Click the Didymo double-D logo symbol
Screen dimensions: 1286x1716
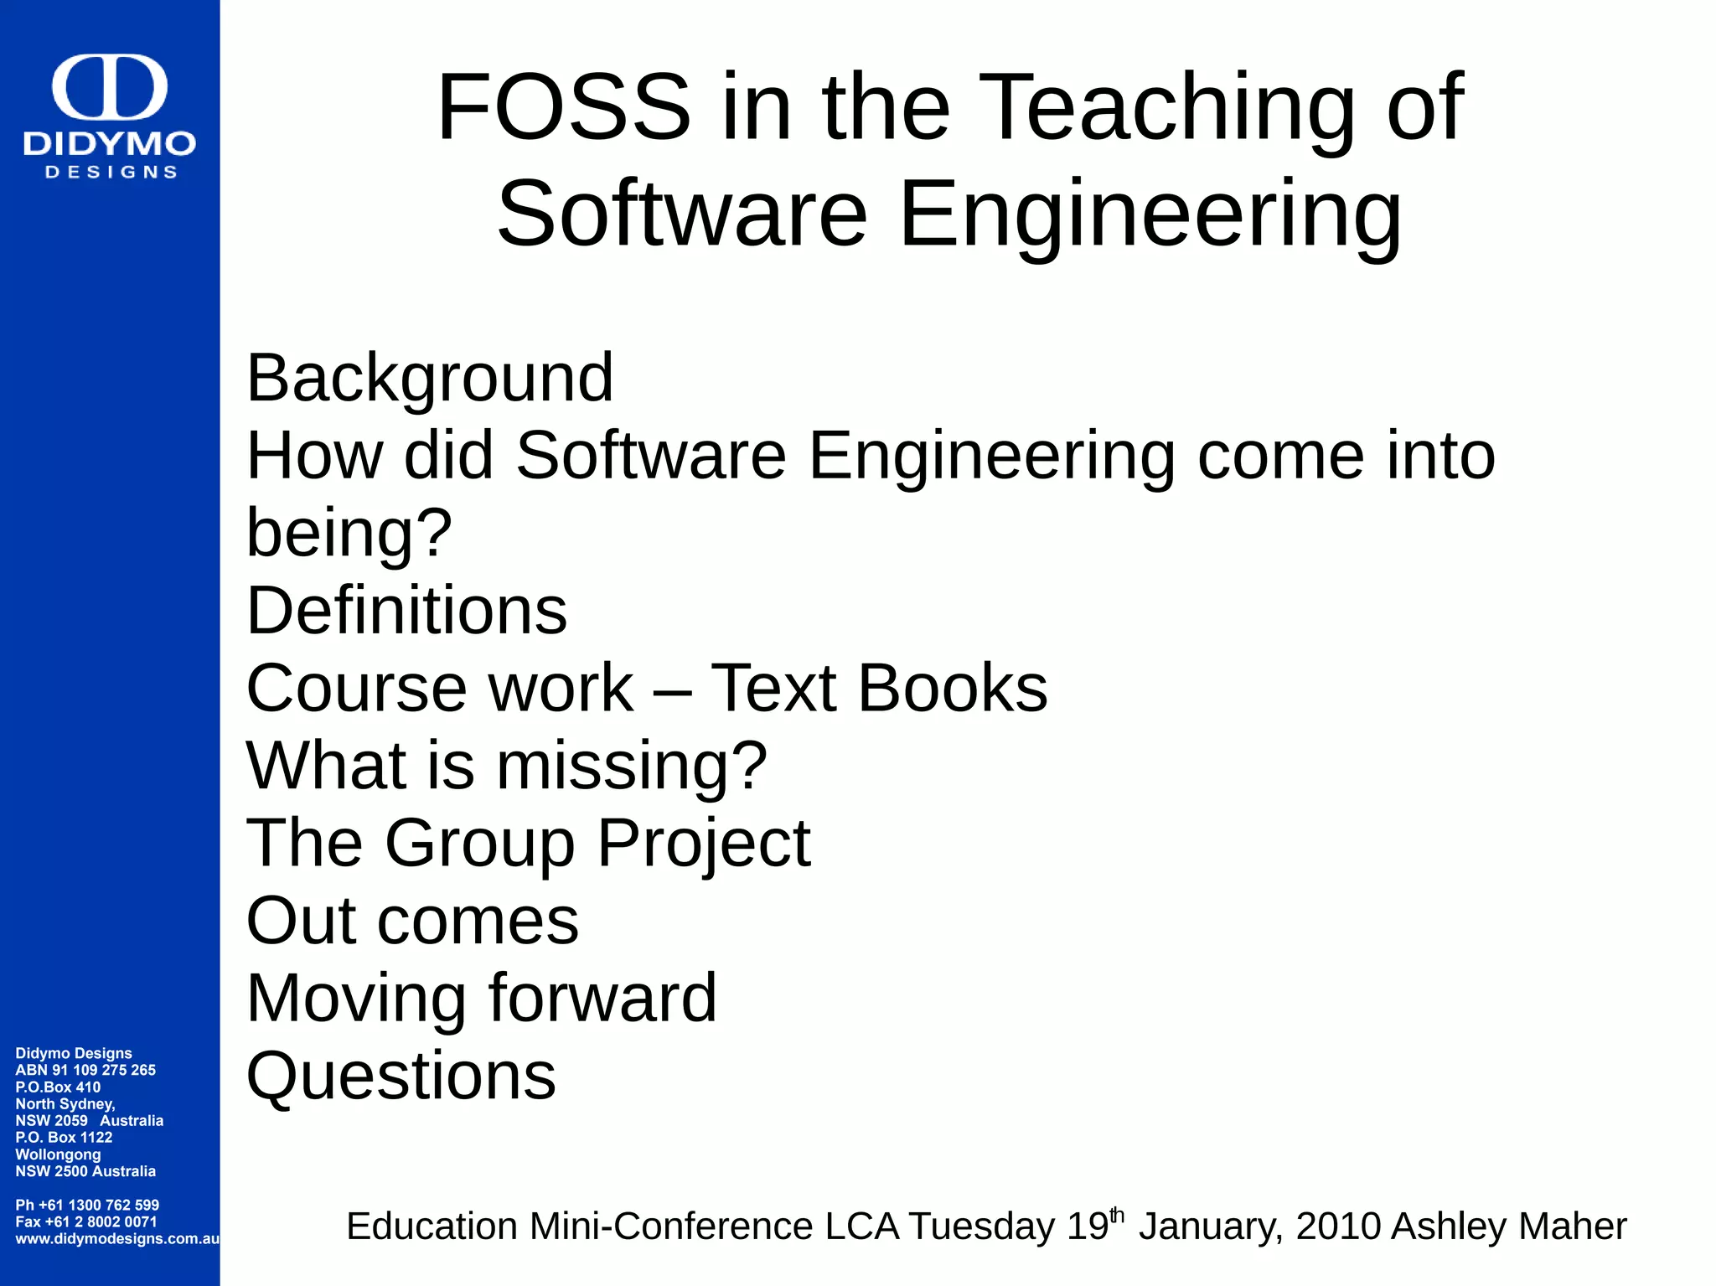[110, 87]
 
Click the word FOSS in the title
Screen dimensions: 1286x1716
[563, 107]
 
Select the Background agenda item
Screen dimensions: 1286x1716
[430, 379]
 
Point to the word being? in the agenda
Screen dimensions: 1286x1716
[349, 533]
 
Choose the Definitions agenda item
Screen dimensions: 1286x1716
[406, 610]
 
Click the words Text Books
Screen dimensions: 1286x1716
[879, 688]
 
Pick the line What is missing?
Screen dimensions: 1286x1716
[506, 765]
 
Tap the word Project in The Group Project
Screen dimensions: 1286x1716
[704, 843]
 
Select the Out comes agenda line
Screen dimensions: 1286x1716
[412, 920]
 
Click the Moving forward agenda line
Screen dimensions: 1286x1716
[482, 998]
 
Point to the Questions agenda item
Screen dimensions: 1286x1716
[401, 1075]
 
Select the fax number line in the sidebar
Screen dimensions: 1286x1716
[85, 1221]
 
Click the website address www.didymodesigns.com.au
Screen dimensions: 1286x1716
[117, 1238]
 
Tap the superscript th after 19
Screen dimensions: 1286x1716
[1117, 1214]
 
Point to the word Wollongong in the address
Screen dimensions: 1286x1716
[58, 1154]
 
